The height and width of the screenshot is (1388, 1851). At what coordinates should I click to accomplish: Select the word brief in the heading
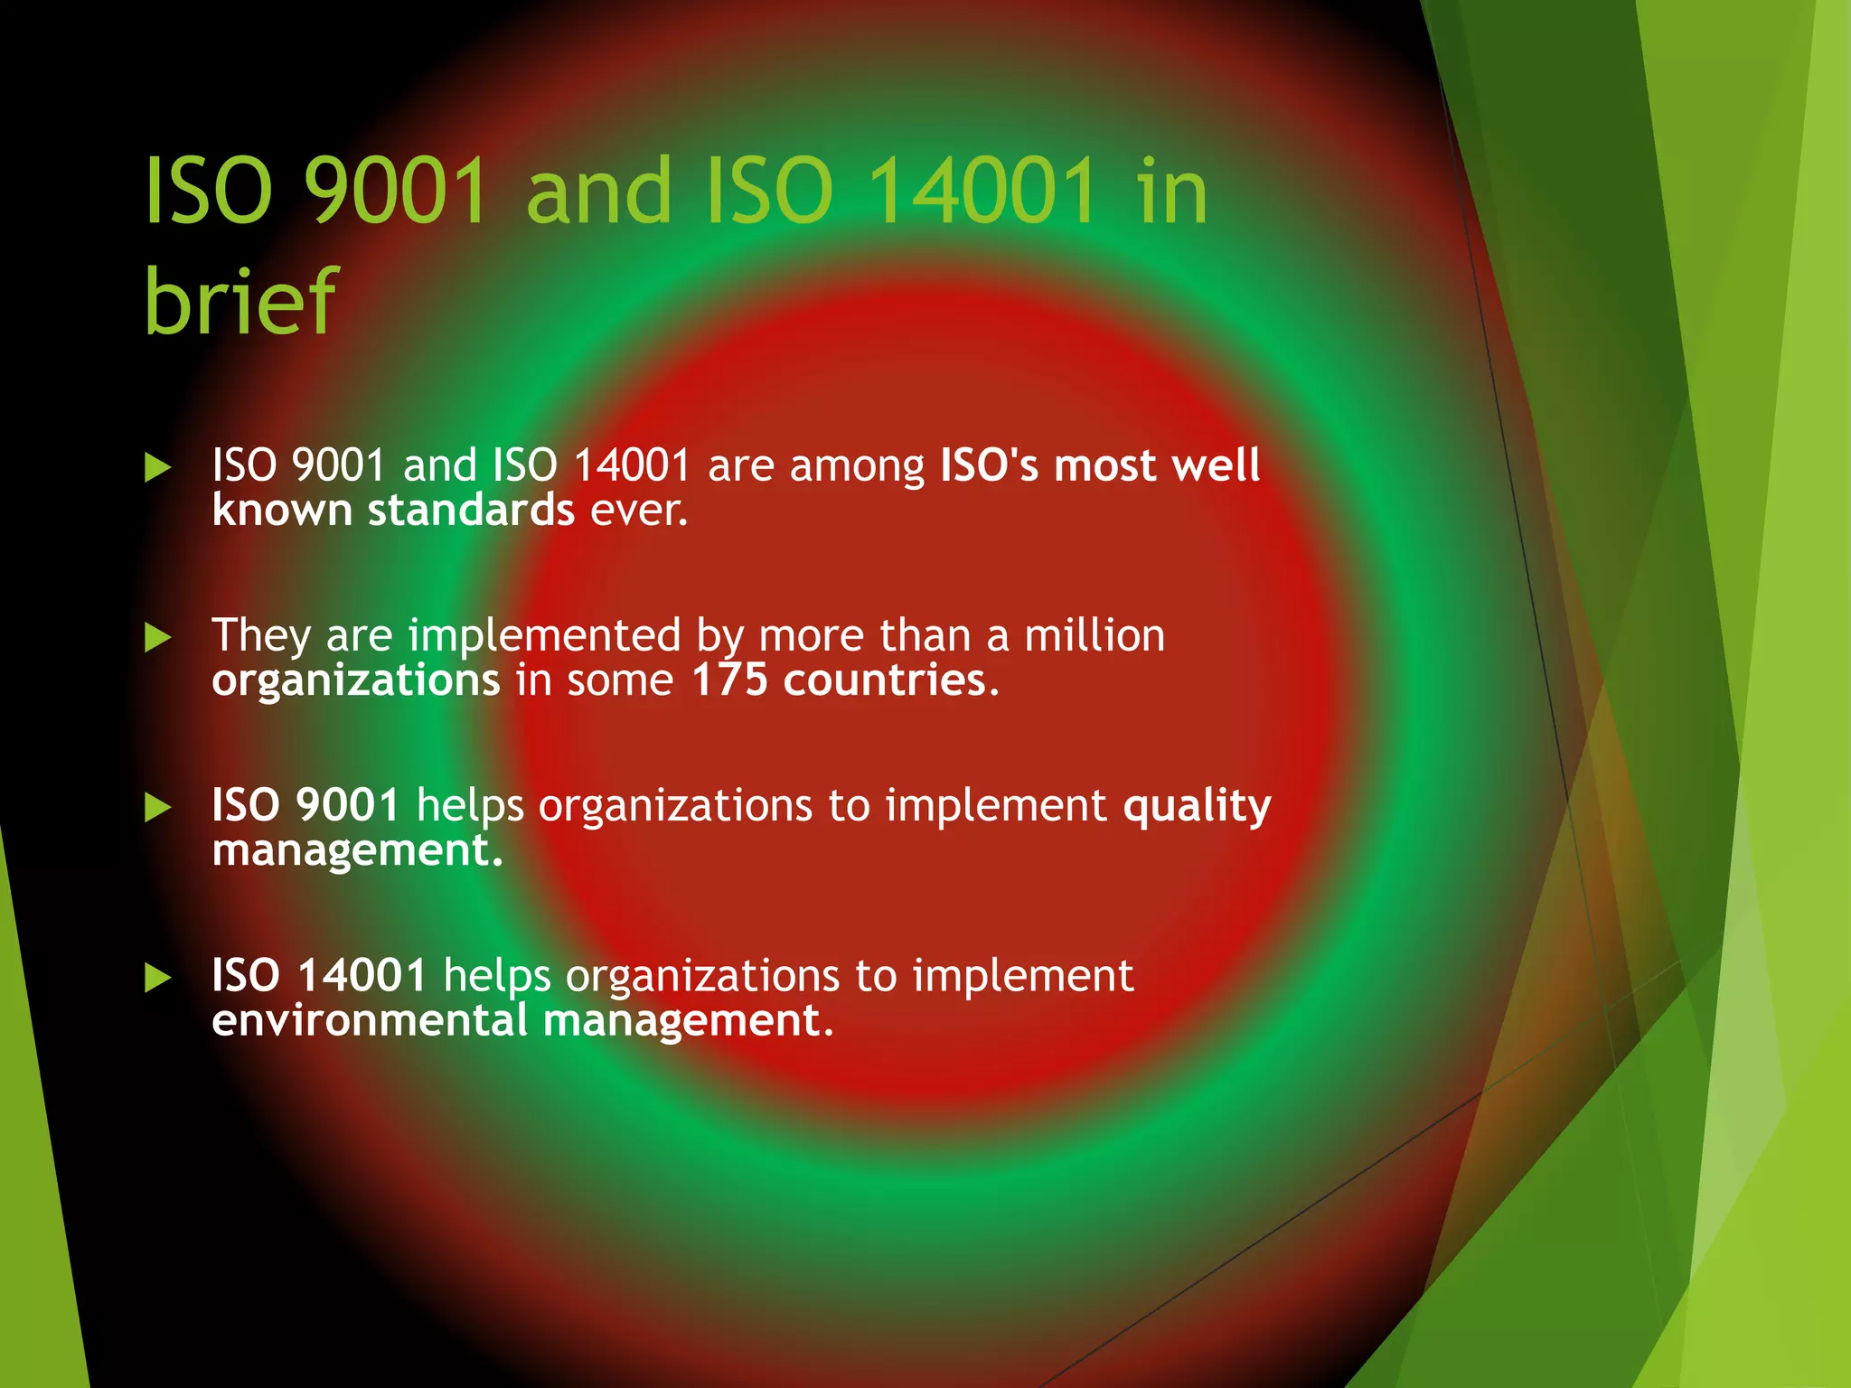240,300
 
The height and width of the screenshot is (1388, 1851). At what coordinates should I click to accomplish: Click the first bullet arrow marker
157,467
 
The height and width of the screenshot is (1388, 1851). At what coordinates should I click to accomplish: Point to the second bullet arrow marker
157,638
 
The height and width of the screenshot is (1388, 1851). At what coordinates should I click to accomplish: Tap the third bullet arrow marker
157,808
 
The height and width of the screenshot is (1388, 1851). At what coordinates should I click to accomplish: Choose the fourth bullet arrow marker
157,978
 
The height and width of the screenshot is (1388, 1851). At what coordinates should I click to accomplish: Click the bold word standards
471,511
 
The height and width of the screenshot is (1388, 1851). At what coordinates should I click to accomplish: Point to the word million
1095,635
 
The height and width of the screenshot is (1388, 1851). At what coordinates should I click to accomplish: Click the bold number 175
729,680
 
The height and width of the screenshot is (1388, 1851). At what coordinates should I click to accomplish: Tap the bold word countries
885,680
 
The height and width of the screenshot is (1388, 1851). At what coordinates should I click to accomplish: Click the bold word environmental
369,1021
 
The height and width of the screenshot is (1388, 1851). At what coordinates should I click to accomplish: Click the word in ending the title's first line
1172,192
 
